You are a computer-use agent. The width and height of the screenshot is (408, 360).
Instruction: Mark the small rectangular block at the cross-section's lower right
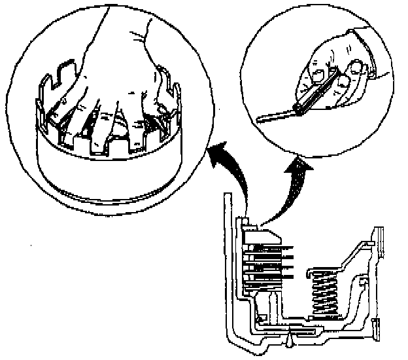click(x=375, y=327)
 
